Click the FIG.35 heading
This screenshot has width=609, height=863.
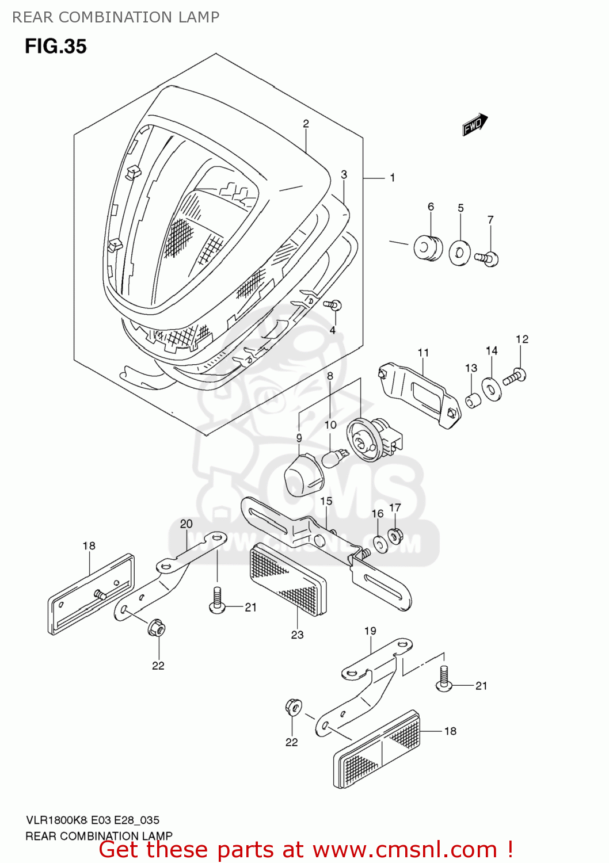click(55, 46)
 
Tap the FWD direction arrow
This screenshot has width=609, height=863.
click(475, 125)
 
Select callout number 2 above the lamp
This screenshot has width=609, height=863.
click(306, 124)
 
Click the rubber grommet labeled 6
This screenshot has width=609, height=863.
click(428, 248)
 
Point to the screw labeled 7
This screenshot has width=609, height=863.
click(487, 258)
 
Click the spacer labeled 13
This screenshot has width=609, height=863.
click(473, 400)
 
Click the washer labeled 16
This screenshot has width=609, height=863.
click(380, 544)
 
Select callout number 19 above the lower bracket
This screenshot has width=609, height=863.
click(370, 631)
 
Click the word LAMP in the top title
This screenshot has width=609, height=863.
click(199, 17)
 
